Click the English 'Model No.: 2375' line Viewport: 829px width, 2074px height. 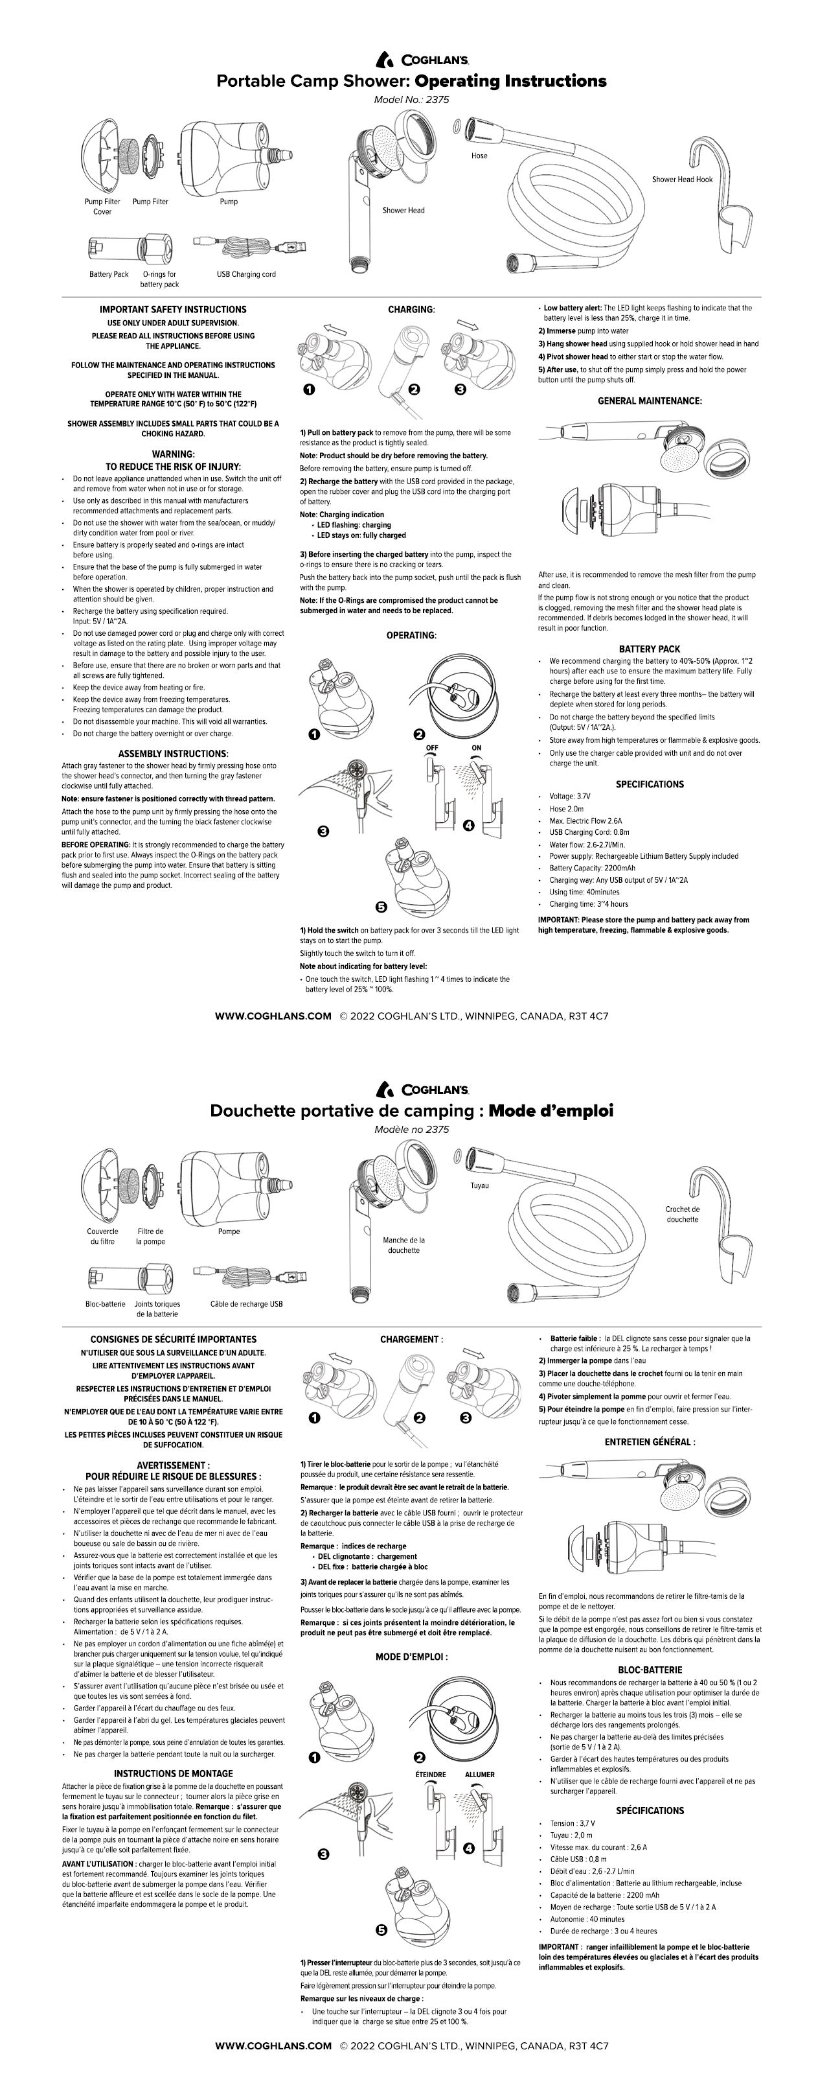[411, 100]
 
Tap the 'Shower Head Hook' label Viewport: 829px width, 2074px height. [682, 180]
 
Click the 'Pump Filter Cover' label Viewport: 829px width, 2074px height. [102, 207]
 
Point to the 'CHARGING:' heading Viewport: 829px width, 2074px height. [411, 309]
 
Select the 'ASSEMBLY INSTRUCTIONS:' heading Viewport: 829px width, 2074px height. [173, 754]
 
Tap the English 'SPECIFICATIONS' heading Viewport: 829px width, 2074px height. [650, 784]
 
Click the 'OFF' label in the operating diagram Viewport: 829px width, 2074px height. [431, 748]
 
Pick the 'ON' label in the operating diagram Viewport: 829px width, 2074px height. [477, 748]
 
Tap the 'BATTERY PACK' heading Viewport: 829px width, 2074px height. [650, 649]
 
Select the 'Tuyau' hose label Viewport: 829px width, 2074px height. [480, 1186]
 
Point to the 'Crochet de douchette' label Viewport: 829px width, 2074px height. [683, 1214]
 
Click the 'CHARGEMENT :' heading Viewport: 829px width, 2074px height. [411, 1340]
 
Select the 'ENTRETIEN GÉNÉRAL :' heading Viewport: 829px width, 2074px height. [650, 1442]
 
